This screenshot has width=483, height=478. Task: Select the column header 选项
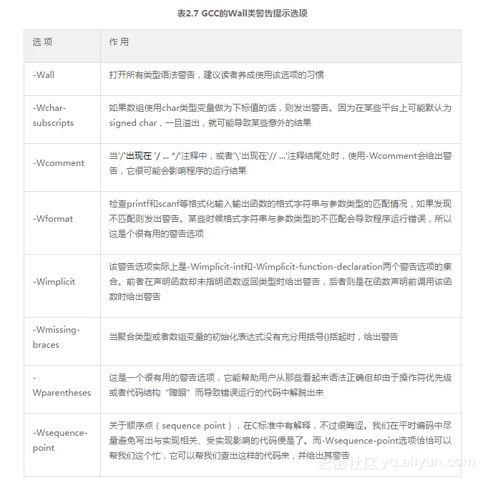pyautogui.click(x=42, y=42)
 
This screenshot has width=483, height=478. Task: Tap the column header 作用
pyautogui.click(x=119, y=42)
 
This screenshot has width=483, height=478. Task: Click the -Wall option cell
pyautogui.click(x=44, y=74)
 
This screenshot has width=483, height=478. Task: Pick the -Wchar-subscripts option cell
pyautogui.click(x=53, y=115)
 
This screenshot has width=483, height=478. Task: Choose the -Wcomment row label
pyautogui.click(x=59, y=162)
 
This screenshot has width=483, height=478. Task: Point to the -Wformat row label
pyautogui.click(x=53, y=218)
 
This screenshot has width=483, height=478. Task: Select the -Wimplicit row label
pyautogui.click(x=54, y=281)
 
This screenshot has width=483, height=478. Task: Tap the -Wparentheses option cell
pyautogui.click(x=62, y=386)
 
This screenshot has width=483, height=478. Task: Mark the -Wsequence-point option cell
pyautogui.click(x=59, y=440)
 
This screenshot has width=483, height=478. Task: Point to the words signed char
pyautogui.click(x=133, y=123)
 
